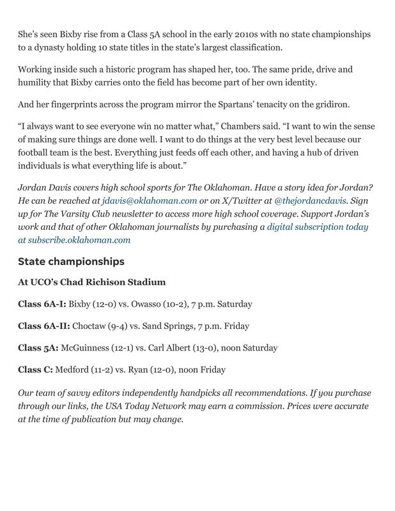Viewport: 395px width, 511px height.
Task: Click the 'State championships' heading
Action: tap(71, 262)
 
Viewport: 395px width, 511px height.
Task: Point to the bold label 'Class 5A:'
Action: tap(38, 348)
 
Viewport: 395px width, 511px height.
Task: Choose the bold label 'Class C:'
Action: tap(35, 370)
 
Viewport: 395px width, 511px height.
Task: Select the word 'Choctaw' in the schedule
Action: tap(90, 326)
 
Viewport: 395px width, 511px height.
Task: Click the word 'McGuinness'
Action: tap(87, 348)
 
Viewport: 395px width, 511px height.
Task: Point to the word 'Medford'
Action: tap(72, 370)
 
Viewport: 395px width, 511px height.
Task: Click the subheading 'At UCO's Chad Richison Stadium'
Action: tap(91, 282)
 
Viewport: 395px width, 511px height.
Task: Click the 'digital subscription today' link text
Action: tap(317, 227)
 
